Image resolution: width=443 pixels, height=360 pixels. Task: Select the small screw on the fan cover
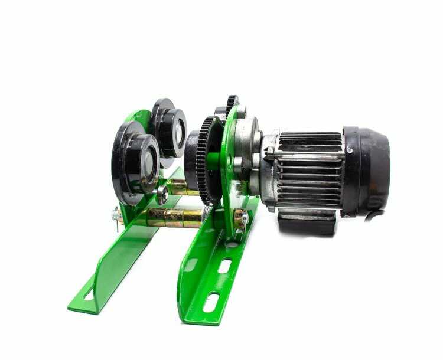point(350,150)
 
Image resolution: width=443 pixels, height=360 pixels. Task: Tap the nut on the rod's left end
point(116,216)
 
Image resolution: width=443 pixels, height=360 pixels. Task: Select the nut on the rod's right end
point(241,220)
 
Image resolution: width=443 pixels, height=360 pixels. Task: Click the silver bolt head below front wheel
point(161,194)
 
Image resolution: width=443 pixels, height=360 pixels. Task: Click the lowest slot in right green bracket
point(211,303)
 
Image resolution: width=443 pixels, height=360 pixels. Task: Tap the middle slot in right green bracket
point(224,266)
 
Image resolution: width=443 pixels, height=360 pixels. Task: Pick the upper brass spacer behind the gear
point(179,188)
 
